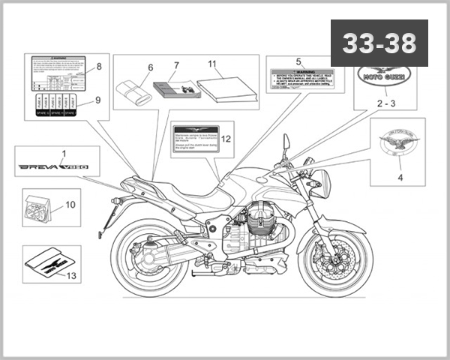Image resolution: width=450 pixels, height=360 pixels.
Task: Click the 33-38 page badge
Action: tap(379, 43)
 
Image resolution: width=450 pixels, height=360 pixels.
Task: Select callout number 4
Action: tap(400, 178)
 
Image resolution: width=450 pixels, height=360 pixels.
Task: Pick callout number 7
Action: tap(176, 65)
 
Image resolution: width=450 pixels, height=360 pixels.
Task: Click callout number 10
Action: tap(71, 203)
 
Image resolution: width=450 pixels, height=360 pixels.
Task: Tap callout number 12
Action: tap(226, 138)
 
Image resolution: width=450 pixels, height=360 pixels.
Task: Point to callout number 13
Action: tap(72, 276)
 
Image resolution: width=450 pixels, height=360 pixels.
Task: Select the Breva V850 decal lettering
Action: tap(53, 165)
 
